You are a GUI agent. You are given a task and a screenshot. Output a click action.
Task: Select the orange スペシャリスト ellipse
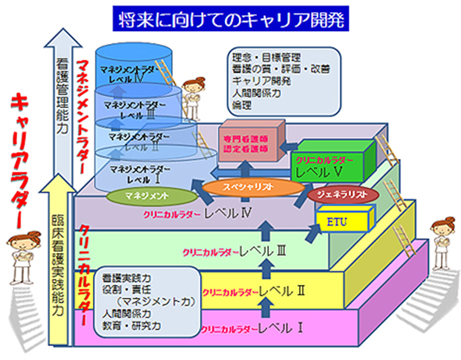coord(254,187)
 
